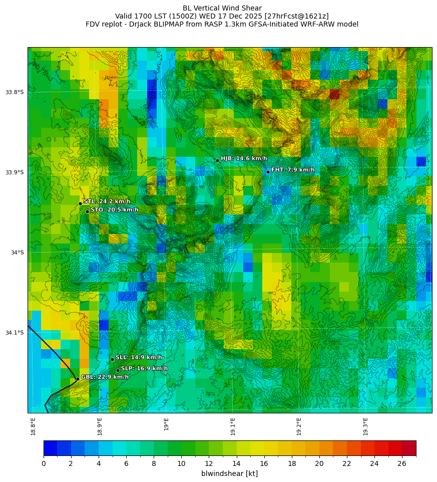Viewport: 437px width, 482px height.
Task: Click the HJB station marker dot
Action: coord(217,160)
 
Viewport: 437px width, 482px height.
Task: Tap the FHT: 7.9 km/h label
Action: coord(293,170)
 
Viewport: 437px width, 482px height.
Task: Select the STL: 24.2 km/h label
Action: coord(107,201)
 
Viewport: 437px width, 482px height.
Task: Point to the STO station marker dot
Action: coord(87,211)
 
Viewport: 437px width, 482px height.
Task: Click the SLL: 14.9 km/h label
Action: coord(139,357)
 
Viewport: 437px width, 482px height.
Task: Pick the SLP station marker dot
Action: coord(118,370)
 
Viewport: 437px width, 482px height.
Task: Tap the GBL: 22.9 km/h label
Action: coord(105,377)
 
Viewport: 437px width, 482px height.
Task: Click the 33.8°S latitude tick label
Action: coord(15,92)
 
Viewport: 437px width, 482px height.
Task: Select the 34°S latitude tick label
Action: coord(18,253)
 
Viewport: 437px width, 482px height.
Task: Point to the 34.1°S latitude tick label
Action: coord(15,333)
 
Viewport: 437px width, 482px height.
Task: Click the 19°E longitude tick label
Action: coord(166,424)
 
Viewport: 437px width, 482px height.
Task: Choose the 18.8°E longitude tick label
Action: coord(33,426)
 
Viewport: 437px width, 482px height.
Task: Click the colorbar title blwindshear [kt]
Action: coord(229,473)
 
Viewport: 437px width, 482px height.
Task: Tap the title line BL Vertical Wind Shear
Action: coord(222,8)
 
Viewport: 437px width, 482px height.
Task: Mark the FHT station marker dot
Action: coord(268,172)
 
